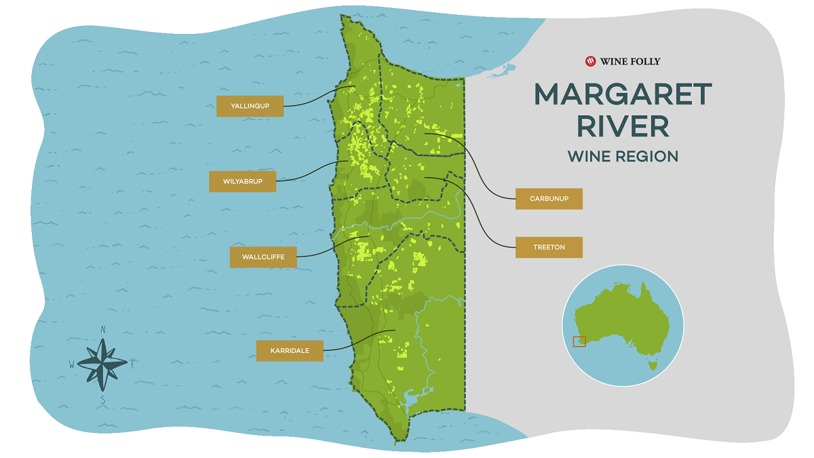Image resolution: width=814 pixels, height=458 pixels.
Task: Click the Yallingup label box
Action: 250,106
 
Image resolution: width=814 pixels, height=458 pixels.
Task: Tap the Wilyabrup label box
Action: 242,181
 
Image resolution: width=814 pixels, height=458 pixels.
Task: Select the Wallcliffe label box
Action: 263,257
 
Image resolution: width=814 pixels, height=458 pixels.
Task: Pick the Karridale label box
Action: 290,351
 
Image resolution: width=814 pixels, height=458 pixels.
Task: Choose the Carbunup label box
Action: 549,199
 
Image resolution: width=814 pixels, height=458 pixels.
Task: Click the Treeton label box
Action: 549,247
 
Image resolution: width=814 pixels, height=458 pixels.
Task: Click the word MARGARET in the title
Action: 623,95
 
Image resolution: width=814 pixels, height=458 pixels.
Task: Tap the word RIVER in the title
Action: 622,127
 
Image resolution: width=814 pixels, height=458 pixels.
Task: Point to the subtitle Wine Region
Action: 623,157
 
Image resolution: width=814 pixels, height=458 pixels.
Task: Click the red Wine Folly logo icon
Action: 590,61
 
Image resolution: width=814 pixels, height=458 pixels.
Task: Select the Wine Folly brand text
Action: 630,62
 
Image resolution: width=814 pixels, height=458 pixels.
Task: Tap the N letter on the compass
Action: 103,330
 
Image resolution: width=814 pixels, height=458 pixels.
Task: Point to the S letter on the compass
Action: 103,400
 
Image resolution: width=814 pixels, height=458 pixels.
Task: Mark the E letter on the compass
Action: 133,364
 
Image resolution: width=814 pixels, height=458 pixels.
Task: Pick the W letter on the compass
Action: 71,364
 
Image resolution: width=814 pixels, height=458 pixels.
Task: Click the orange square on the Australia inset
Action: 579,341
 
